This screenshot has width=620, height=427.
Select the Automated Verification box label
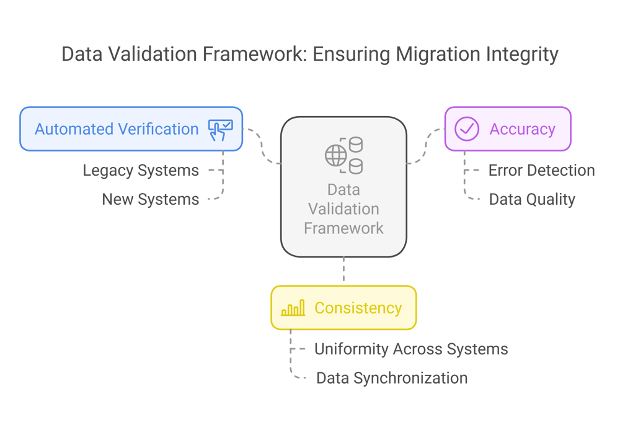point(117,129)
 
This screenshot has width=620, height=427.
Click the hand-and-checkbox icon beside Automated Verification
point(220,129)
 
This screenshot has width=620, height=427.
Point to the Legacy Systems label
point(141,171)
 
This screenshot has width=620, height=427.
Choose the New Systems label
point(151,199)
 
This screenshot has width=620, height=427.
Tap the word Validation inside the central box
point(343,209)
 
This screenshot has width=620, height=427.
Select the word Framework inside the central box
point(343,228)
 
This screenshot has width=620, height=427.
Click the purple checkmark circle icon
point(466,129)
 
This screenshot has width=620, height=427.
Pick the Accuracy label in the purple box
point(522,129)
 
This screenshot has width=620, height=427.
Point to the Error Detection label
point(541,171)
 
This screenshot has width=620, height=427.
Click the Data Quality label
point(532,199)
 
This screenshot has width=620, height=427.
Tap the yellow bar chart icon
point(293,308)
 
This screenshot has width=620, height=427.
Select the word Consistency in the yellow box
point(358,308)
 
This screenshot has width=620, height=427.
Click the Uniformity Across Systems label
point(411,349)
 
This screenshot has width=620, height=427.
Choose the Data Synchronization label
point(392,378)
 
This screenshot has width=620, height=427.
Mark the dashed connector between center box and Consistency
point(343,271)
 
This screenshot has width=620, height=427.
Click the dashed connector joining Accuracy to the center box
point(426,146)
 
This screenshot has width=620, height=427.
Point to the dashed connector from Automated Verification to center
point(262,146)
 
